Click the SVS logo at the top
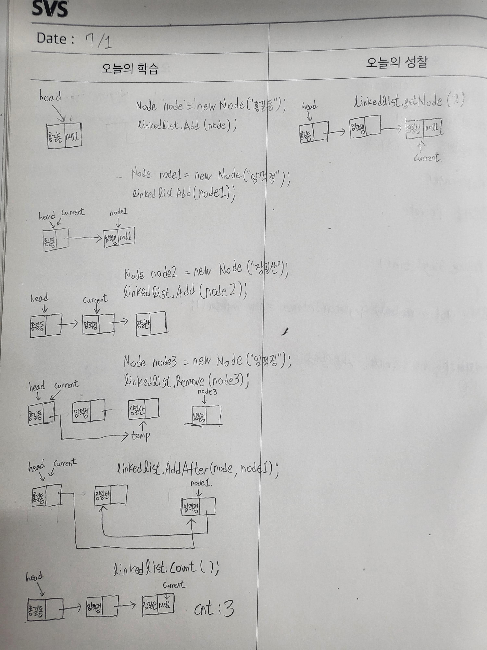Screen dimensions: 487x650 click(x=50, y=9)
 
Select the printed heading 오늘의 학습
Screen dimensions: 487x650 click(x=130, y=69)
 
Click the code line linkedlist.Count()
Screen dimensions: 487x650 click(x=166, y=569)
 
